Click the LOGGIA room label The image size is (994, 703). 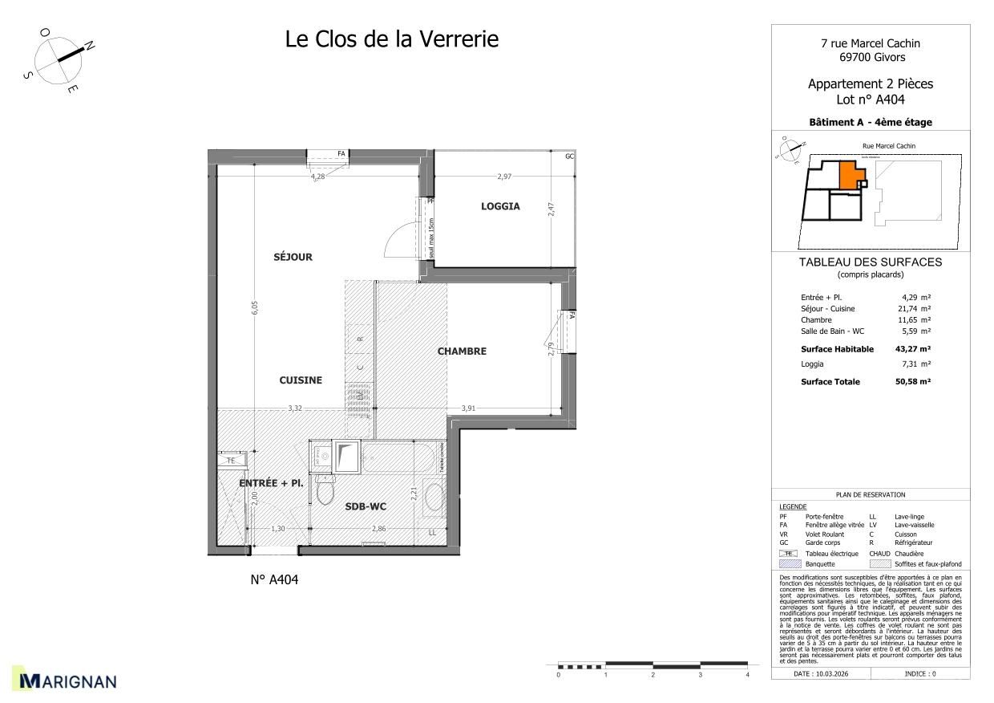click(x=500, y=206)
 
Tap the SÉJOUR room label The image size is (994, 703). click(x=293, y=257)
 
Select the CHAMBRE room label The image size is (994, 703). click(x=461, y=351)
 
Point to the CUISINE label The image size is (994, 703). click(x=301, y=380)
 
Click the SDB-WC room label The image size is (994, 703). click(x=366, y=506)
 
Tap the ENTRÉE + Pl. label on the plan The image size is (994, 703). click(x=271, y=483)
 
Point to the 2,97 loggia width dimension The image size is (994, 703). click(x=504, y=176)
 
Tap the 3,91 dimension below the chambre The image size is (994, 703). click(x=469, y=408)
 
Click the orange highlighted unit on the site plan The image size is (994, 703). click(x=848, y=174)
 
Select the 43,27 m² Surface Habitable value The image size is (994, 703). click(x=912, y=349)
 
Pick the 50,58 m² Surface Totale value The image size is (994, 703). click(x=912, y=382)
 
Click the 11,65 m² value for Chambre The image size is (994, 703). click(x=914, y=319)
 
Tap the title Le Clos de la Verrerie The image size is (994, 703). click(x=392, y=39)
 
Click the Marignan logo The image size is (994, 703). click(x=67, y=681)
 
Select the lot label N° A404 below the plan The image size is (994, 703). click(x=274, y=580)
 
